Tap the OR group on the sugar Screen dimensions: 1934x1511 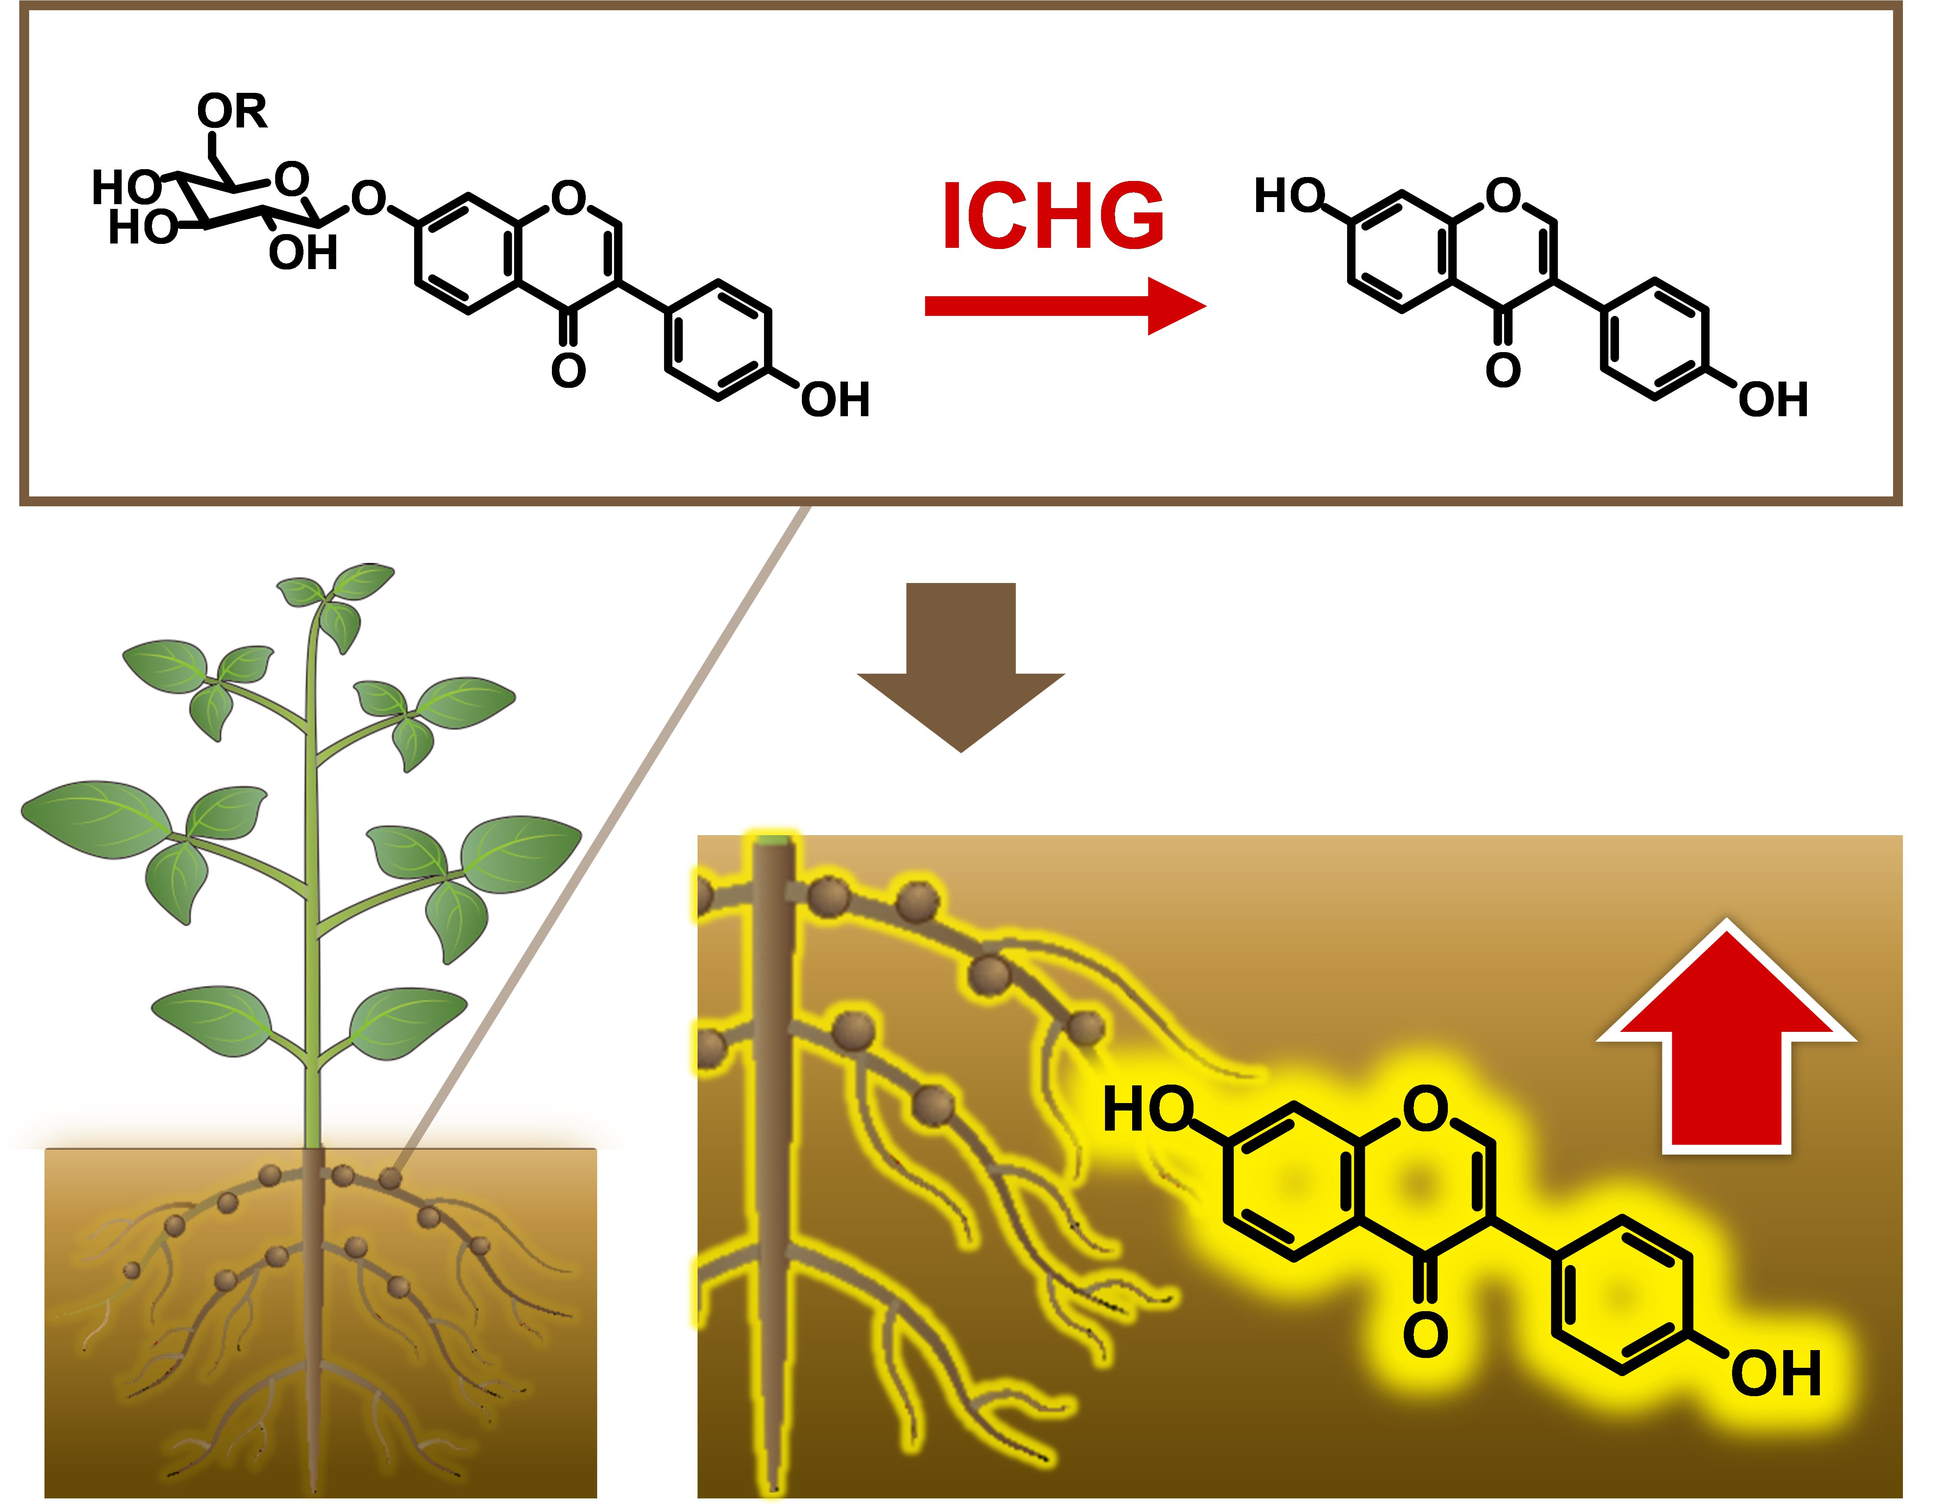(232, 112)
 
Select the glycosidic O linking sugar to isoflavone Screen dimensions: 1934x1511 (368, 198)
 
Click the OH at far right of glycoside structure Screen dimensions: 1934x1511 (835, 400)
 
